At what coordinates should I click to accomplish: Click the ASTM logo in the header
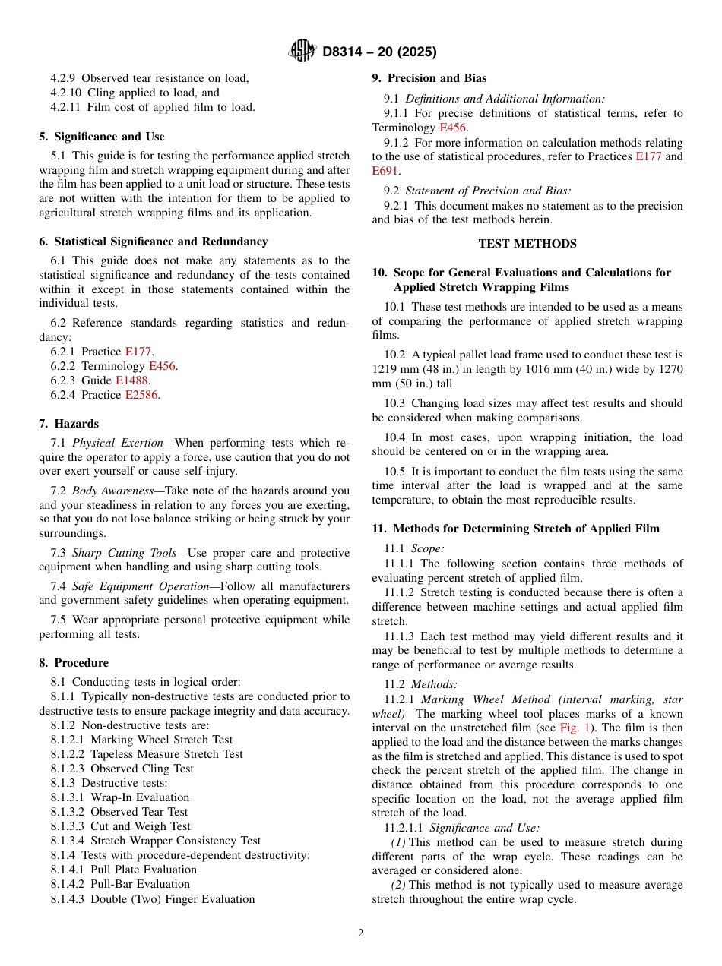click(302, 52)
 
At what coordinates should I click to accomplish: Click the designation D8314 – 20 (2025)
click(379, 52)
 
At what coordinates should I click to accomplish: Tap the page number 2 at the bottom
click(361, 933)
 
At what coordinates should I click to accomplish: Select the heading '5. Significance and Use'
click(102, 137)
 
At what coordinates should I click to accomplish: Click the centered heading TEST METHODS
click(527, 244)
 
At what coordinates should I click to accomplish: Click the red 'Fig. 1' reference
click(575, 728)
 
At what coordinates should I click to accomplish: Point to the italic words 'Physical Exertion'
click(118, 443)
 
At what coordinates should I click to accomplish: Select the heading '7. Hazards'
click(68, 424)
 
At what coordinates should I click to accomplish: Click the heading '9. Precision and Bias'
click(429, 78)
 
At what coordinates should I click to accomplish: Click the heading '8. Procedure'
click(74, 663)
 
